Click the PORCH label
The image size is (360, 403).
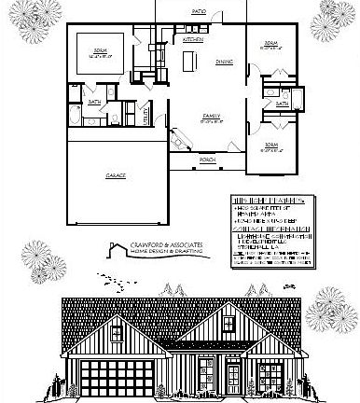206,158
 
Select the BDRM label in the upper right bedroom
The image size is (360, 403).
270,44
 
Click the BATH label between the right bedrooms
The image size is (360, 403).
282,104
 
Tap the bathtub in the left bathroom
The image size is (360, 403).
74,117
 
